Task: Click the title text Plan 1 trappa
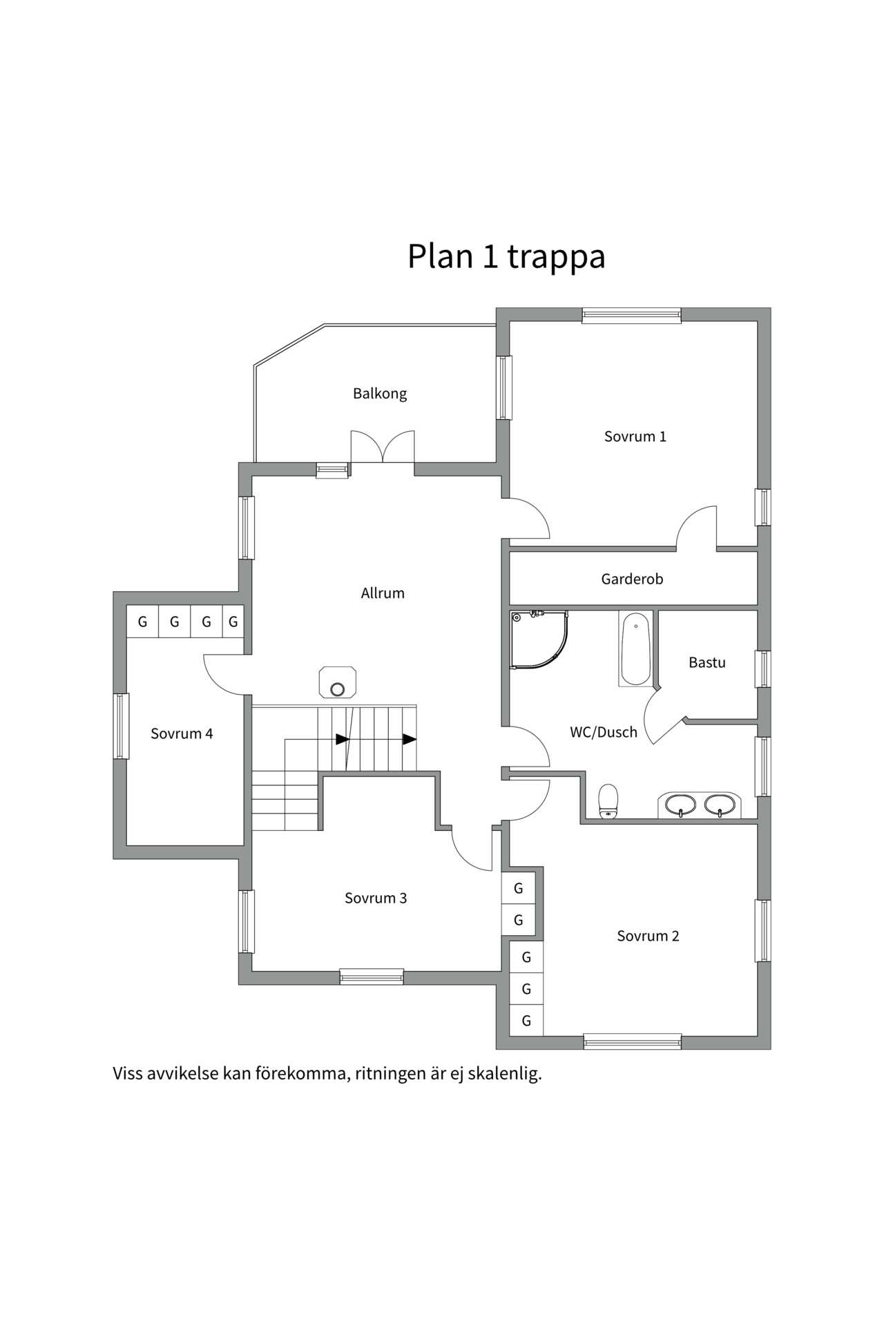[x=506, y=256]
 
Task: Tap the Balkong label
[x=379, y=394]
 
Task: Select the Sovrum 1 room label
[x=635, y=436]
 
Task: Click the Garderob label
[x=632, y=579]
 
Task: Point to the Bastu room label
[x=707, y=663]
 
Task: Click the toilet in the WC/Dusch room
[x=608, y=801]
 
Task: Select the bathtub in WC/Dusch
[x=635, y=649]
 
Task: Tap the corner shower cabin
[x=537, y=639]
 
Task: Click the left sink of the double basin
[x=681, y=805]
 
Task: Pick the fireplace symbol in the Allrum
[x=338, y=682]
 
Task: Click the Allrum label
[x=383, y=593]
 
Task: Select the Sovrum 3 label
[x=376, y=899]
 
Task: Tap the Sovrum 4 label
[x=182, y=734]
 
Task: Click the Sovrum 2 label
[x=648, y=936]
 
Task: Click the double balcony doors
[x=383, y=448]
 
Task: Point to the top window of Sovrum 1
[x=631, y=316]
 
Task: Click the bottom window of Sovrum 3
[x=372, y=977]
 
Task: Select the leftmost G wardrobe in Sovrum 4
[x=142, y=622]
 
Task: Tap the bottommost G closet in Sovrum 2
[x=526, y=1021]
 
